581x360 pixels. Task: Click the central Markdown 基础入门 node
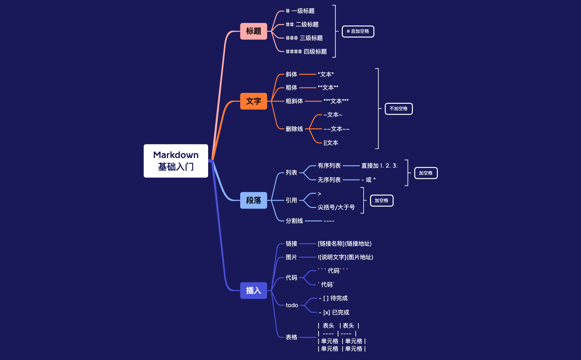point(176,161)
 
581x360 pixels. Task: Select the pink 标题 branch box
point(253,31)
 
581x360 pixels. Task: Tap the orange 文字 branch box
point(253,101)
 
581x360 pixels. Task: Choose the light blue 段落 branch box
point(253,200)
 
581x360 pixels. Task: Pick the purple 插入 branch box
point(253,291)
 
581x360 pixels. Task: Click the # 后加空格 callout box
point(358,31)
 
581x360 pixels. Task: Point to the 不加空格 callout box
point(398,109)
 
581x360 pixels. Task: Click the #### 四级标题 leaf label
point(306,52)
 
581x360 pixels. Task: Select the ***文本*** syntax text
point(336,101)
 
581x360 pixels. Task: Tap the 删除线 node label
point(294,129)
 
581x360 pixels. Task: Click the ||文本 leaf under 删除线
point(331,143)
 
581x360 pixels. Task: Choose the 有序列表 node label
point(329,166)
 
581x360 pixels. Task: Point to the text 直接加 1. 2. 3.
point(379,166)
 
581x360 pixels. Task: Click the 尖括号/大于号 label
point(336,207)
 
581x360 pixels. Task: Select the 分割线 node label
point(294,221)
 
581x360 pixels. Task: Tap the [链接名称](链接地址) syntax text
point(345,244)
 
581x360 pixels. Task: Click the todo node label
point(292,305)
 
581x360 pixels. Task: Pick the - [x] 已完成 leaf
point(334,312)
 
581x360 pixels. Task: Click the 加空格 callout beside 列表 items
point(425,173)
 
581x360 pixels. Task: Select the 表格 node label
point(291,337)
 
